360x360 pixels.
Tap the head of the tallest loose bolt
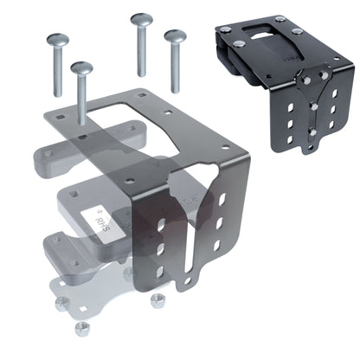point(138,18)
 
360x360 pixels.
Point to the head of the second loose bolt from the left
point(82,67)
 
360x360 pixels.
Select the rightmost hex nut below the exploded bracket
point(157,300)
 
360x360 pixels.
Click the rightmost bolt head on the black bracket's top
point(297,32)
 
